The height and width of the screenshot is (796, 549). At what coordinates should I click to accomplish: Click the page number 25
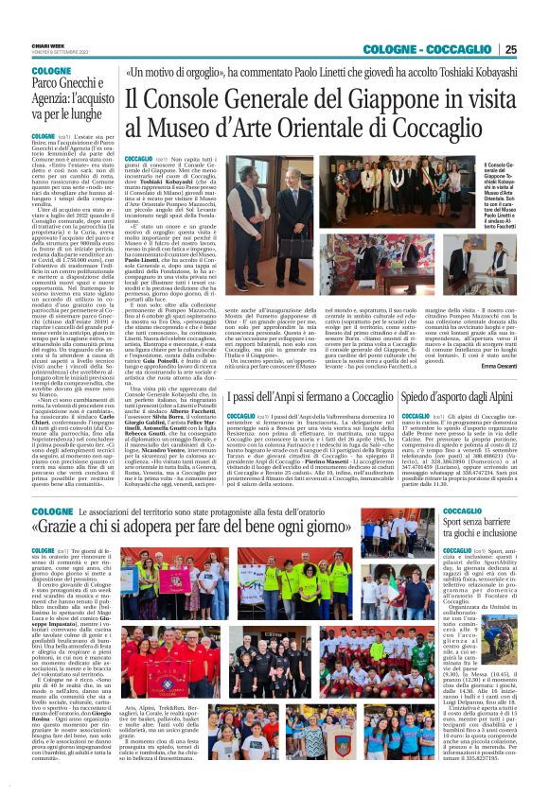536,49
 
